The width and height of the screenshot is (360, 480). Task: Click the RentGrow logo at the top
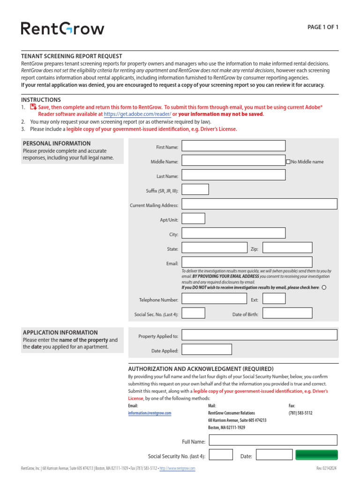(62, 29)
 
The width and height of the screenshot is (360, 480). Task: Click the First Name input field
(233, 146)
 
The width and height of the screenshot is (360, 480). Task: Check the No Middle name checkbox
(288, 162)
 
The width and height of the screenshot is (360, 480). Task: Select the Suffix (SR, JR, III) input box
(195, 189)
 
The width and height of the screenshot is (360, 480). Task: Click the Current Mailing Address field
(259, 204)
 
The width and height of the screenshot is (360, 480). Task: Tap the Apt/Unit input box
(193, 218)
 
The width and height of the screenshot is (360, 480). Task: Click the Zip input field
(287, 247)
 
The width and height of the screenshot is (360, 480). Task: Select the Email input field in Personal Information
(247, 262)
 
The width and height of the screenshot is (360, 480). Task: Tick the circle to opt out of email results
(324, 287)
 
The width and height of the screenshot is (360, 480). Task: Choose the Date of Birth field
(287, 313)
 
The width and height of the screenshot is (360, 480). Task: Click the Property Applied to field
(259, 335)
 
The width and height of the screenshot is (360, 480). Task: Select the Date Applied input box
(206, 349)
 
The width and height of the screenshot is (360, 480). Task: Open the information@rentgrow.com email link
(150, 413)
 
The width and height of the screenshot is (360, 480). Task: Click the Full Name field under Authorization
(273, 440)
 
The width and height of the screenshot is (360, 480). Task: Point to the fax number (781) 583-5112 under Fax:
(300, 413)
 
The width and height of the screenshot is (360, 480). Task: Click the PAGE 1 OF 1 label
(322, 27)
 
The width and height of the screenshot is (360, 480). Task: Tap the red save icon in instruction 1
(33, 107)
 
